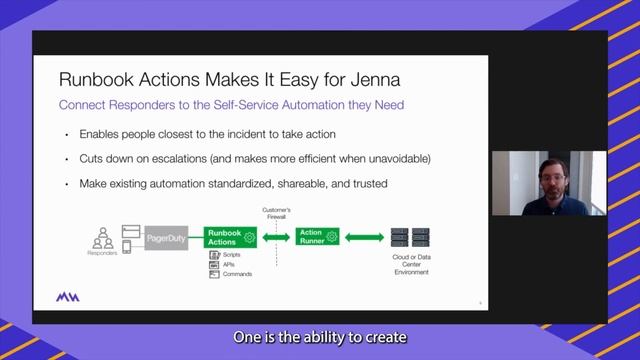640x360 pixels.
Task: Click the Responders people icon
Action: tap(102, 238)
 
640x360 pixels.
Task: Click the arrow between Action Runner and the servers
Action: tap(364, 237)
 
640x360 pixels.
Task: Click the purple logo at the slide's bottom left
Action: tap(68, 298)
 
